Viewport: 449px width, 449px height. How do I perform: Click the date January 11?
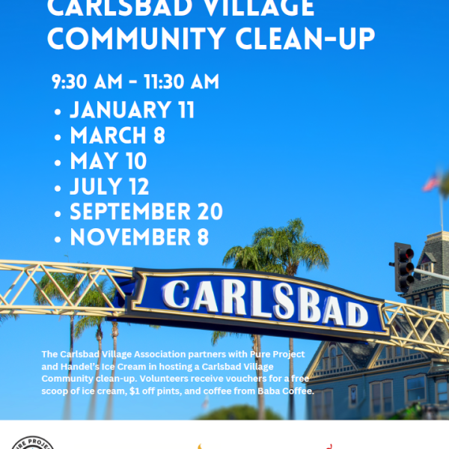point(132,110)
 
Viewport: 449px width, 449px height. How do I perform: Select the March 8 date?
point(117,135)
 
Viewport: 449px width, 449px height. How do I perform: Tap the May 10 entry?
point(109,161)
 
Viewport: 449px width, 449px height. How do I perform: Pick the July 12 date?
point(109,186)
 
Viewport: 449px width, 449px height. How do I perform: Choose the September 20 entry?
point(147,211)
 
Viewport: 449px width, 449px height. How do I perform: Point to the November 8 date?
point(139,236)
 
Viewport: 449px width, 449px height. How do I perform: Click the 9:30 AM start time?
point(87,82)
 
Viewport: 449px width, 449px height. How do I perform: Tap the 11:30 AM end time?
point(181,82)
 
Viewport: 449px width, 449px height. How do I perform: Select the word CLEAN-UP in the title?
point(305,38)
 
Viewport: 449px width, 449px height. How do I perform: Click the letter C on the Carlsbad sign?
point(176,294)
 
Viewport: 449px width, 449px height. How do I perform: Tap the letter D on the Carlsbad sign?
point(358,314)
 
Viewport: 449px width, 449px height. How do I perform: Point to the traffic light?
point(404,267)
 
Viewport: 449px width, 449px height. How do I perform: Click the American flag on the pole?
point(432,182)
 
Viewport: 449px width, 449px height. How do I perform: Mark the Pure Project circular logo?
point(33,442)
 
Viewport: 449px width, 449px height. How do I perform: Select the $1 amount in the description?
point(134,391)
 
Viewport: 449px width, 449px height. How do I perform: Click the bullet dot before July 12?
point(58,189)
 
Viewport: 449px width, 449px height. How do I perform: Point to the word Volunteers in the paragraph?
point(162,379)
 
